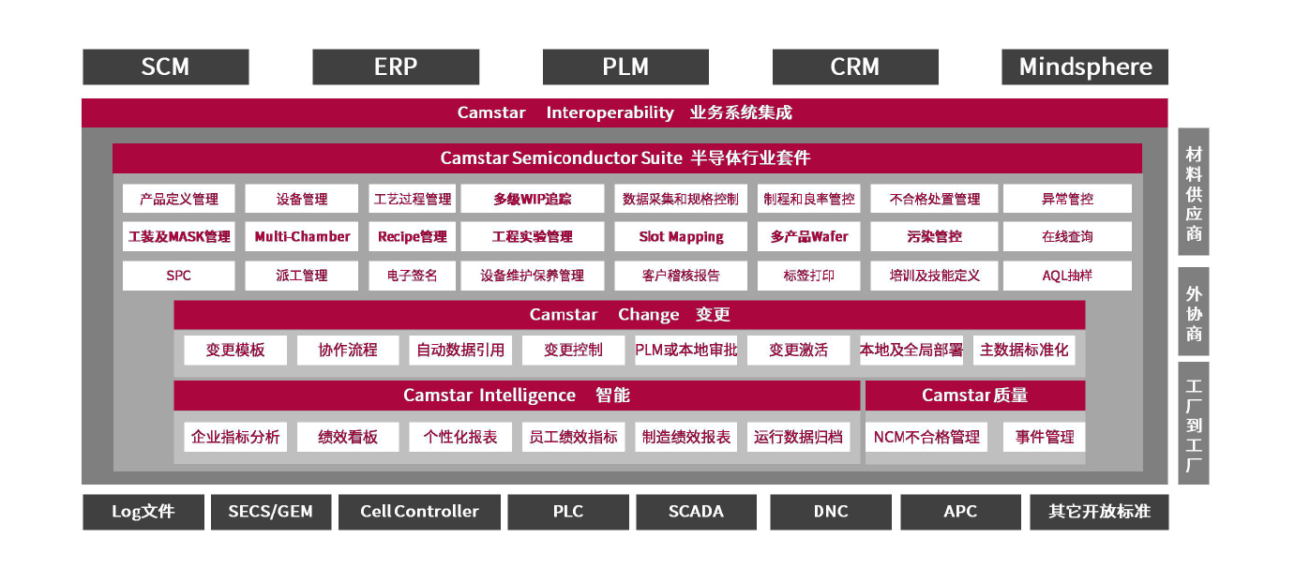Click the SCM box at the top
pyautogui.click(x=166, y=67)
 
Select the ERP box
pyautogui.click(x=396, y=67)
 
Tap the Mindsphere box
pyautogui.click(x=1085, y=67)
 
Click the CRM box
pyautogui.click(x=855, y=67)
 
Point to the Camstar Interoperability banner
pyautogui.click(x=625, y=112)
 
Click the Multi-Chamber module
pyautogui.click(x=302, y=236)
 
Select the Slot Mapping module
pyautogui.click(x=681, y=236)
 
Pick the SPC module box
pyautogui.click(x=178, y=276)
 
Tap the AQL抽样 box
pyautogui.click(x=1067, y=276)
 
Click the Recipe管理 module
pyautogui.click(x=412, y=236)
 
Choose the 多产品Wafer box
pyautogui.click(x=808, y=236)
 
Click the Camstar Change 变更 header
pyautogui.click(x=629, y=315)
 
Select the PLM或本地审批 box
pyautogui.click(x=685, y=350)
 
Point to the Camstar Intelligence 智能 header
pyautogui.click(x=517, y=396)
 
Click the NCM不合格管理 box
pyautogui.click(x=926, y=437)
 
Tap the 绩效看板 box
pyautogui.click(x=348, y=437)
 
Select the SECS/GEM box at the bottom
pyautogui.click(x=270, y=512)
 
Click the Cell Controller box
pyautogui.click(x=419, y=512)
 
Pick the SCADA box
pyautogui.click(x=696, y=512)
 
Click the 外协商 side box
pyautogui.click(x=1193, y=312)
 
